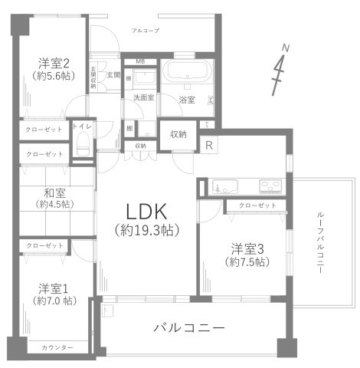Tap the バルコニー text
[x=188, y=327]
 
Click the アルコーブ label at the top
[x=145, y=30]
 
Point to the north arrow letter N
[x=285, y=48]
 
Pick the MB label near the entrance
[x=140, y=61]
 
